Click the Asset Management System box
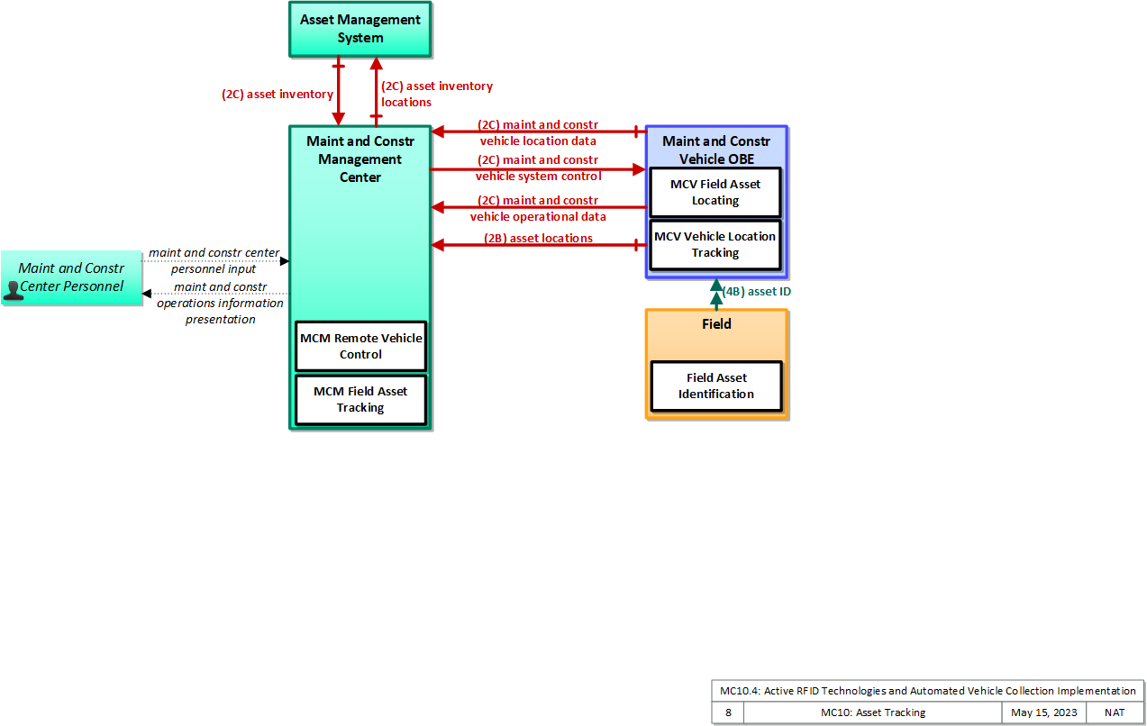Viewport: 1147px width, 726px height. tap(360, 29)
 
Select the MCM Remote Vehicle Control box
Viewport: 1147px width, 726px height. tap(360, 346)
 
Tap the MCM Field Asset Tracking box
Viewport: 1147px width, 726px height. tap(360, 399)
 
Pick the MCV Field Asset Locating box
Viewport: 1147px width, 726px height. tap(715, 192)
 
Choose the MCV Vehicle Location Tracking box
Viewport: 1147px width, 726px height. tap(715, 244)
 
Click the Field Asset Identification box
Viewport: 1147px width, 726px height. tap(716, 386)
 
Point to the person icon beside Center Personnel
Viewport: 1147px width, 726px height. tap(13, 290)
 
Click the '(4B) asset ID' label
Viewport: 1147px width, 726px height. tap(756, 291)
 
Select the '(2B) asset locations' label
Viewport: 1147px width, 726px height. tap(538, 238)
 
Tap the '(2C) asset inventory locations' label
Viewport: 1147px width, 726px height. tap(437, 95)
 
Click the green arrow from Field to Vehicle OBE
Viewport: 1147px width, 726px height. tap(716, 294)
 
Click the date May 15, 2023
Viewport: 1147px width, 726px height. tap(1043, 712)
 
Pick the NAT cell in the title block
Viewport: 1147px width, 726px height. tap(1115, 712)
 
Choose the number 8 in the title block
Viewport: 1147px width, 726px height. tap(728, 712)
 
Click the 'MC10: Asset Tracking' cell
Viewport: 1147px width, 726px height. tap(873, 712)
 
